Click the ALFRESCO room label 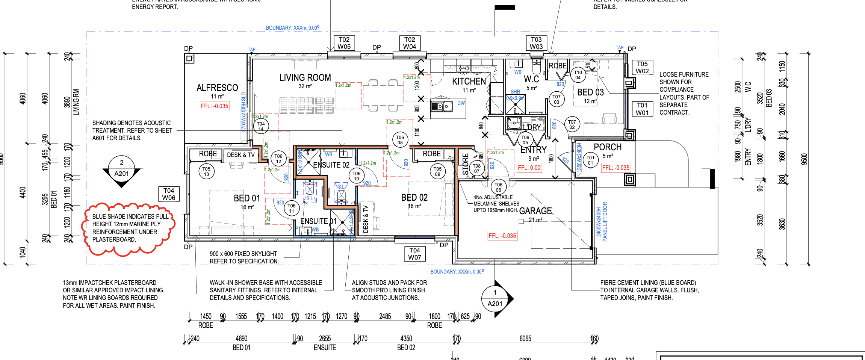point(217,88)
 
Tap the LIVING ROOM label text point(305,78)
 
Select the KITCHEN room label point(469,81)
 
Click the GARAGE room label point(535,211)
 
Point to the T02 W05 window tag point(344,43)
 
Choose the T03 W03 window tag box point(536,43)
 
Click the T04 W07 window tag point(414,254)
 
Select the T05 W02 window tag point(642,68)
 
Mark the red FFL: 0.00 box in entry point(529,168)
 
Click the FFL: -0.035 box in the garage point(502,236)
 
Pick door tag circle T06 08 point(400,140)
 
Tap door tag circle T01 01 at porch point(590,160)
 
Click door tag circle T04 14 point(261,126)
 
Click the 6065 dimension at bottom point(525,339)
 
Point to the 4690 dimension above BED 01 point(241,339)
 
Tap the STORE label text point(465,164)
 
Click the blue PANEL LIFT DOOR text point(605,222)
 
